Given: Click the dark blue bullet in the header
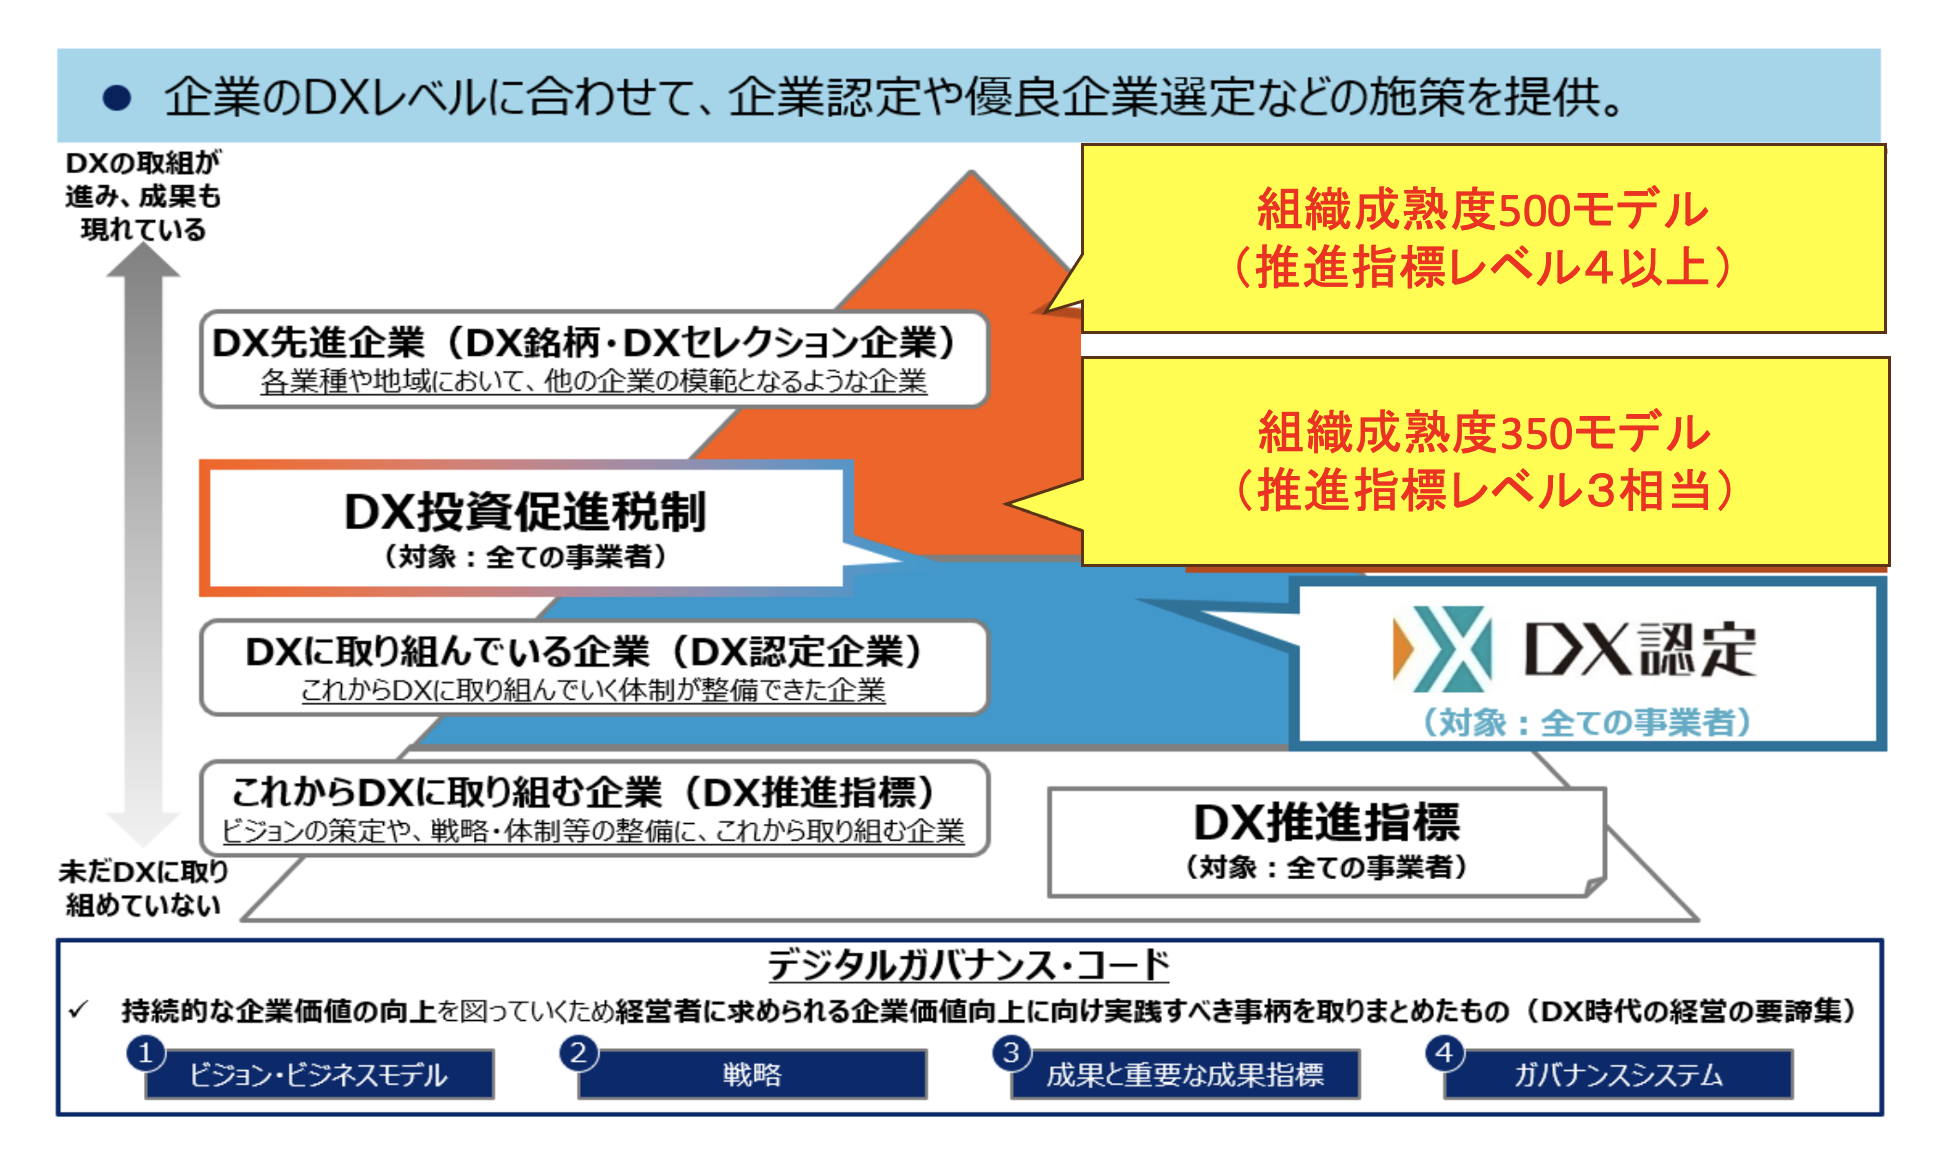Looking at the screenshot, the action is pos(117,97).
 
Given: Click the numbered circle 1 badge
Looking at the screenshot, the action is pos(145,1052).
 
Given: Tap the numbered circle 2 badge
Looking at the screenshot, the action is pos(578,1052).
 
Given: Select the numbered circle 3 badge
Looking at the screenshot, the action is pos(1011,1052).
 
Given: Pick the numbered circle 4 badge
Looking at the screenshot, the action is pos(1444,1052).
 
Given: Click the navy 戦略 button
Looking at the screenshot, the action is pos(752,1075).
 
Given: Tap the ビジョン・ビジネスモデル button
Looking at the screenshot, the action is pos(319,1075).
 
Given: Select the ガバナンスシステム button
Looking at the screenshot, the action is pos(1618,1075).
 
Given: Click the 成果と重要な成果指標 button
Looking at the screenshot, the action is pos(1185,1075).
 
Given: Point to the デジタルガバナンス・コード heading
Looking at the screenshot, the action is pos(968,965).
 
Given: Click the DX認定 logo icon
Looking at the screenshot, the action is pos(1442,649).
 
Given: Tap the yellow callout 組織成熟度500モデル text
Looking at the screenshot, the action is pos(1483,210).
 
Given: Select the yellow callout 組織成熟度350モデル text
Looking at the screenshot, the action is pos(1484,433).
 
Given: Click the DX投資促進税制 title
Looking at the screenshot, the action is pos(525,512).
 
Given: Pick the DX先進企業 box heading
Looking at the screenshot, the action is pos(584,343).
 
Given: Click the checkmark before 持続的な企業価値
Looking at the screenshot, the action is pos(79,1010).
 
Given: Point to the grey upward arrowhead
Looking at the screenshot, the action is pos(143,261).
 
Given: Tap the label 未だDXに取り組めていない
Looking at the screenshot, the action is pos(143,888).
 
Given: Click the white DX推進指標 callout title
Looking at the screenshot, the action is pos(1327,822).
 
